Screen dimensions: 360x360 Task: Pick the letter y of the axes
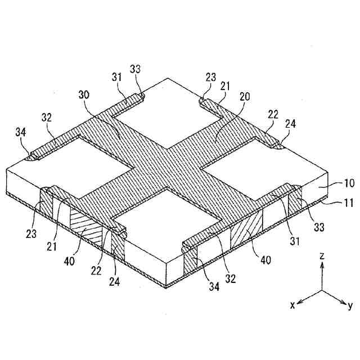click(349, 305)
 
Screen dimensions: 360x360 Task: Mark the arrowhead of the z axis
click(321, 265)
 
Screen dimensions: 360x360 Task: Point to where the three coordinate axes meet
click(321, 291)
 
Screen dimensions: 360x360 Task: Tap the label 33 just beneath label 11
click(319, 228)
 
